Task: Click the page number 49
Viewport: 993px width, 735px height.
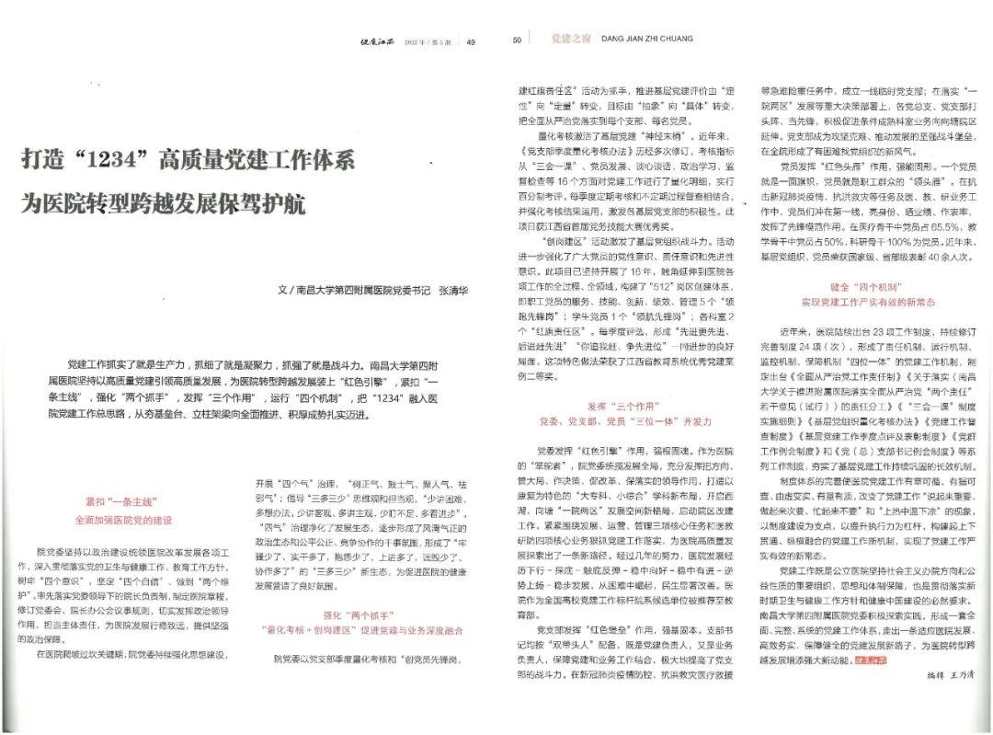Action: (471, 41)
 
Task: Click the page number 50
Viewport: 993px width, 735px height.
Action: (517, 40)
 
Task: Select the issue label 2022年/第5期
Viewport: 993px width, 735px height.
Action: (433, 41)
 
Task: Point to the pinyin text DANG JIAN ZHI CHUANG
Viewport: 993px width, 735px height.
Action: (646, 40)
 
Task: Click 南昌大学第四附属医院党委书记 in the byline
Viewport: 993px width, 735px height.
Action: (364, 289)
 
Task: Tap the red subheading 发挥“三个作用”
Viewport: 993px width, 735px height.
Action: (624, 405)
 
